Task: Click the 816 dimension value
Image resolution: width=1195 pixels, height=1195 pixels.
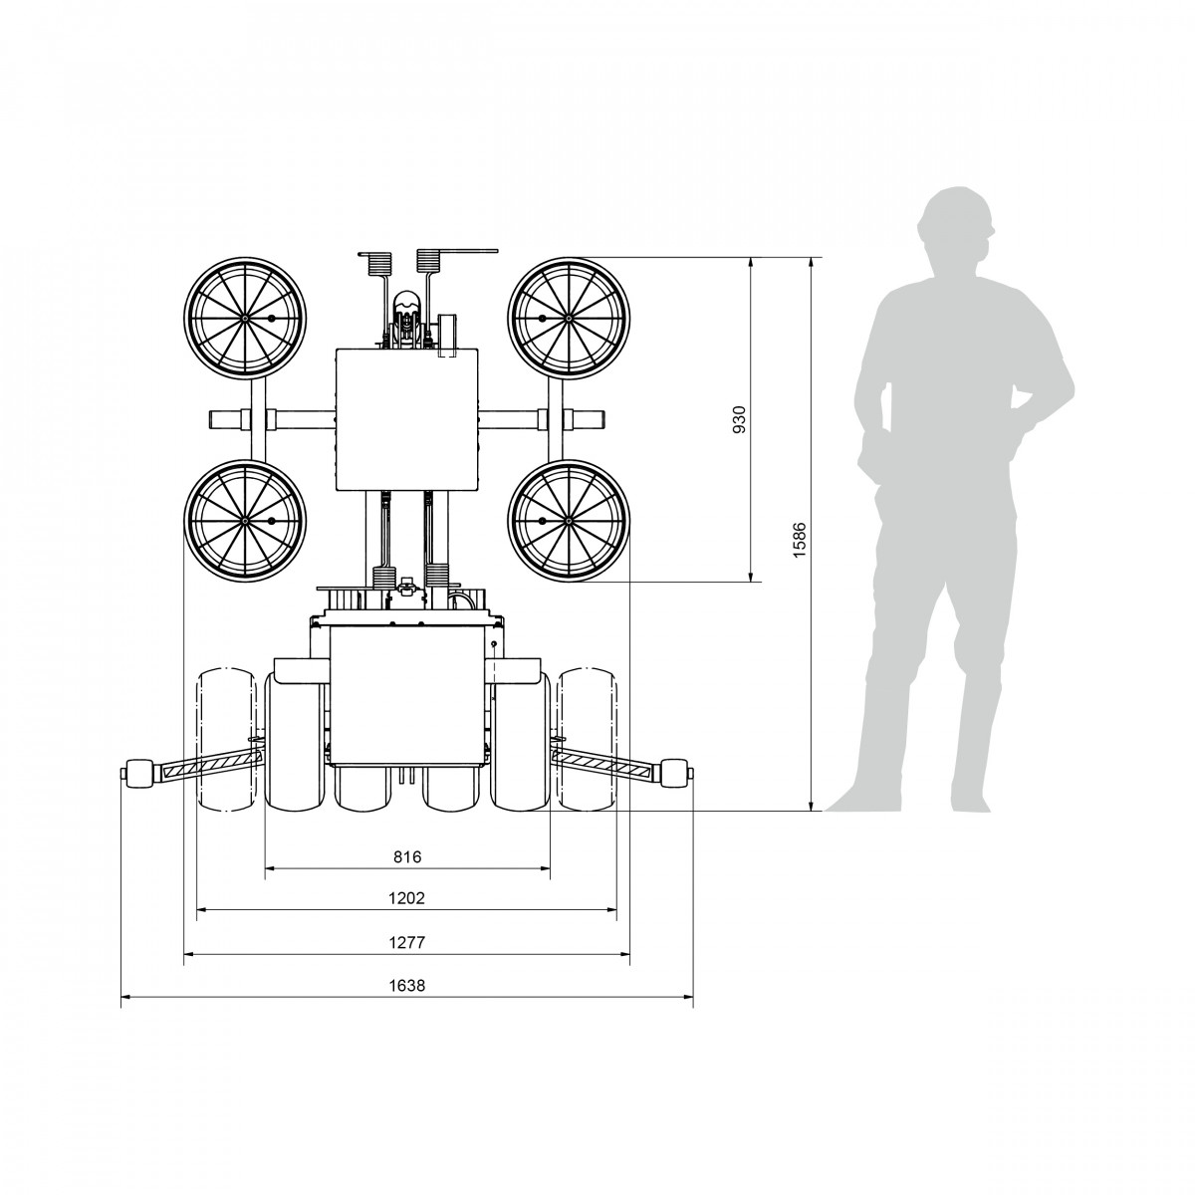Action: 407,856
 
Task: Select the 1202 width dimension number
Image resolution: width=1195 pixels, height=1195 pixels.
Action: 407,898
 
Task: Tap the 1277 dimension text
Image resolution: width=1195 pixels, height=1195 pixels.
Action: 407,943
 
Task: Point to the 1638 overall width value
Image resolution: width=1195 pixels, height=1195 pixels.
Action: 407,986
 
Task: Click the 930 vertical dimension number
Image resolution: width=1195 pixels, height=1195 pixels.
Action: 739,420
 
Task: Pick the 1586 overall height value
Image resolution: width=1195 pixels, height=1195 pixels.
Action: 800,540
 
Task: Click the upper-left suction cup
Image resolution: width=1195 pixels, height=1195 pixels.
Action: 245,318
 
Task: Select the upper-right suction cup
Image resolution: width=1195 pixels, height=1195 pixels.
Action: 569,318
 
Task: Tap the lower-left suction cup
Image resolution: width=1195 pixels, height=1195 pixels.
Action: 245,520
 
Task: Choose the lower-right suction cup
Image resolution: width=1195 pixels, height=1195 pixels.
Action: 569,520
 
